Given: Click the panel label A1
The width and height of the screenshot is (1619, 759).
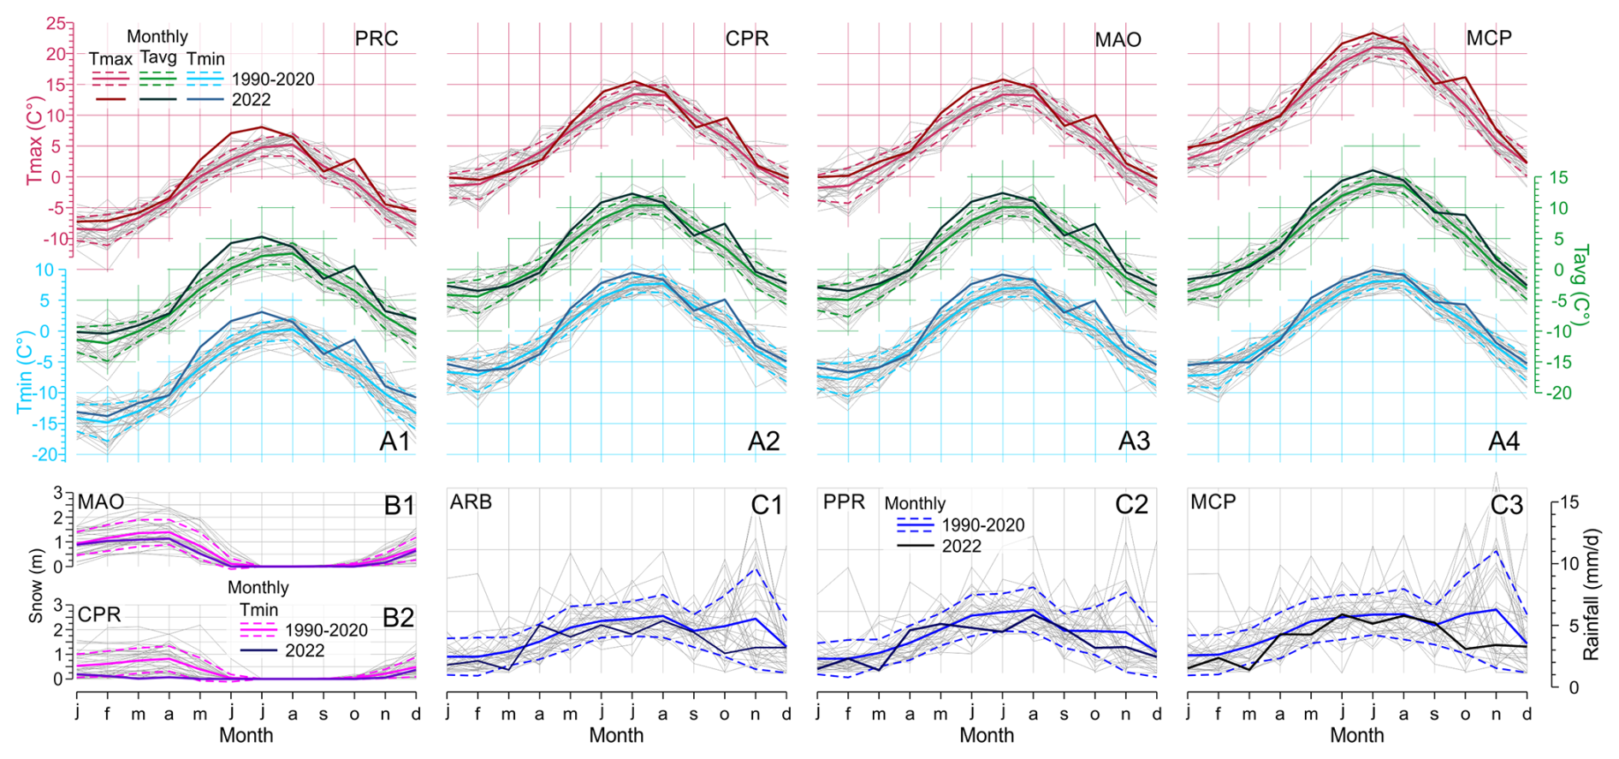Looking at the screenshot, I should tap(395, 442).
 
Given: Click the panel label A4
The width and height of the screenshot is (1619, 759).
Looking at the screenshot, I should tap(1504, 442).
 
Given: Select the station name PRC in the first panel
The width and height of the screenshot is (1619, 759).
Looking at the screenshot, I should tap(377, 39).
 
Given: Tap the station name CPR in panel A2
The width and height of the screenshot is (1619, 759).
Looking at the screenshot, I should tap(747, 39).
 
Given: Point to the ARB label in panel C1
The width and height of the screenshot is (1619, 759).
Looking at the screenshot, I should tap(471, 501).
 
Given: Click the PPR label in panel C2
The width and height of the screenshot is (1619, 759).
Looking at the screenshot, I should tap(844, 501).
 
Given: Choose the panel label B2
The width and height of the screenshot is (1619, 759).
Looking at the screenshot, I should tap(398, 618).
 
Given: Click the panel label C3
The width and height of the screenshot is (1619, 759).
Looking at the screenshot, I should tap(1506, 506).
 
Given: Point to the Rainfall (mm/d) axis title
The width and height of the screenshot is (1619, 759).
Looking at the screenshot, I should tap(1591, 594).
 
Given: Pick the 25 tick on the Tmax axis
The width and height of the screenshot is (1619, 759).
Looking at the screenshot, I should tap(56, 24).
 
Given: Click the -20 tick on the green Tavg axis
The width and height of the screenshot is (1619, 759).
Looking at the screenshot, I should tap(1559, 394).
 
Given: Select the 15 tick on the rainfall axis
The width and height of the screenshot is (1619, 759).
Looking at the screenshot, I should tap(1569, 502).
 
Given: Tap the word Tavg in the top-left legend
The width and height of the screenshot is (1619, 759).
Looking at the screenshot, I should tap(158, 58).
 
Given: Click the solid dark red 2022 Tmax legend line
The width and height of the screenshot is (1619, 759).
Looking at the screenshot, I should tap(110, 99).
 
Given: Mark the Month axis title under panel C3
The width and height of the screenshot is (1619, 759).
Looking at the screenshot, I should tap(1356, 735).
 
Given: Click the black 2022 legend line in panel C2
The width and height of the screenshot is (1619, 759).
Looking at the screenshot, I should tap(914, 546).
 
